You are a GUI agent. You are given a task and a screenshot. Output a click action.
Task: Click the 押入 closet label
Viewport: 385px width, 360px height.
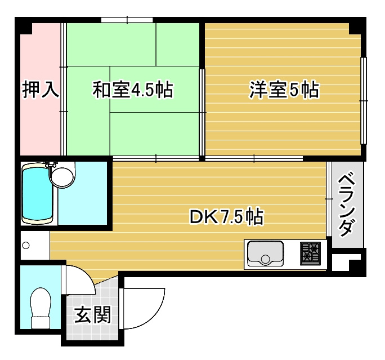tap(40, 90)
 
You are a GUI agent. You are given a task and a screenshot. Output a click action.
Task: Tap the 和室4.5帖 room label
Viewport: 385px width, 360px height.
tap(132, 90)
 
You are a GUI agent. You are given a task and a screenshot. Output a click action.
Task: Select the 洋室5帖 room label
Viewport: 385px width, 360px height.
tap(284, 90)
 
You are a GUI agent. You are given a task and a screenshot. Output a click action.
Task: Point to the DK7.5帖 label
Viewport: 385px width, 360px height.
tap(226, 216)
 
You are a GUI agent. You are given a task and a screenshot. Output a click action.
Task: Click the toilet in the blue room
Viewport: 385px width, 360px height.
tap(41, 308)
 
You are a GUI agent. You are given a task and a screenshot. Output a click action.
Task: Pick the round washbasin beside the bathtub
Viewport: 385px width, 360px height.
tap(61, 175)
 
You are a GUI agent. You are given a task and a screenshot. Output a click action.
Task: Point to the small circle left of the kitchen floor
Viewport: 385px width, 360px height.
tap(25, 246)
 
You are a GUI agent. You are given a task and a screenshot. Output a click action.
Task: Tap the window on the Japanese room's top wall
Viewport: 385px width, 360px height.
tap(127, 20)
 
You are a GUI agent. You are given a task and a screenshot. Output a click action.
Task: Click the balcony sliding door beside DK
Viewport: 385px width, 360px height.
tap(328, 200)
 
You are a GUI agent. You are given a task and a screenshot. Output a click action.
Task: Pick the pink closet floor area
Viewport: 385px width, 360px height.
tap(40, 124)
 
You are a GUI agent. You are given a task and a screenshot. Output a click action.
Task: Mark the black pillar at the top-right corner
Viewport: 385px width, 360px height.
tap(357, 26)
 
